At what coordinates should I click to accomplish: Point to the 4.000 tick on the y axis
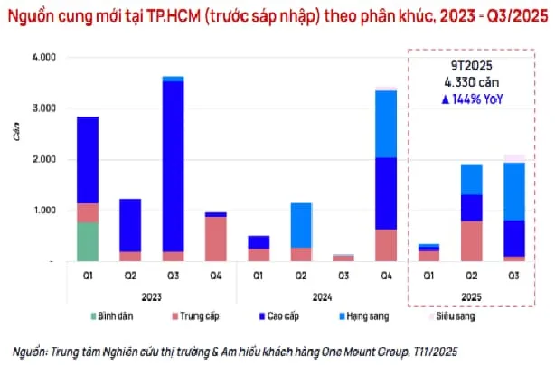point(42,57)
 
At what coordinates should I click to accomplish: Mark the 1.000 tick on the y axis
point(42,211)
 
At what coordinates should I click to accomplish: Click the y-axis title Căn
point(14,134)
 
